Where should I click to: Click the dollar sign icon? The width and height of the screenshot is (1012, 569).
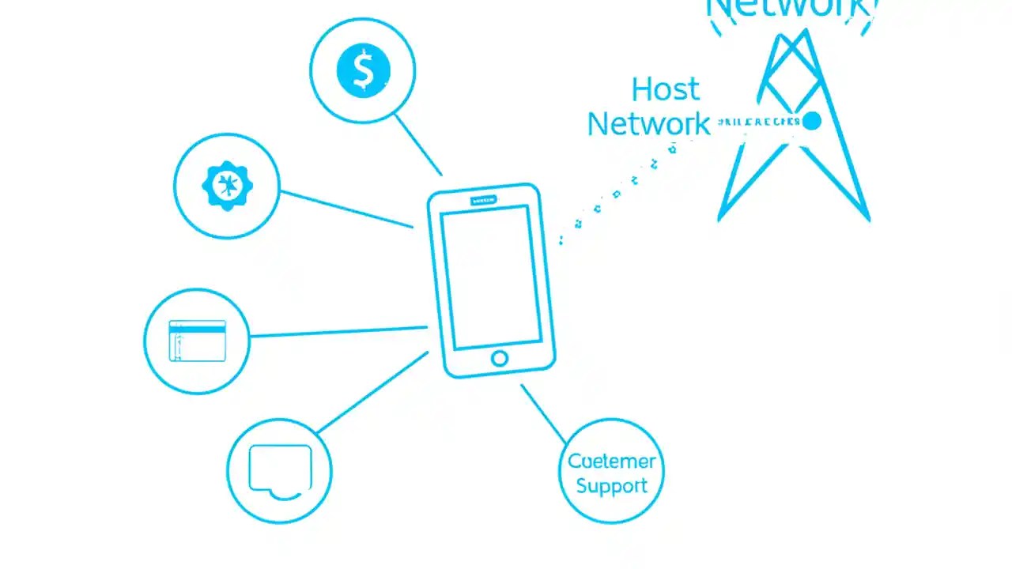pyautogui.click(x=363, y=70)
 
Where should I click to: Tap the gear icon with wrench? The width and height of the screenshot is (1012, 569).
pyautogui.click(x=228, y=186)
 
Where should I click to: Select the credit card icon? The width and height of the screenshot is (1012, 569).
pyautogui.click(x=198, y=341)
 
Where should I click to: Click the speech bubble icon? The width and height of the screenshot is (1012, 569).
pyautogui.click(x=280, y=470)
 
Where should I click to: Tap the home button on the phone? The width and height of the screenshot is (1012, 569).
pyautogui.click(x=499, y=359)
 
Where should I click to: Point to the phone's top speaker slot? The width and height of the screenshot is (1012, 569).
pyautogui.click(x=483, y=201)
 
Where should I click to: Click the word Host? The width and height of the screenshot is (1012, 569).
pyautogui.click(x=666, y=90)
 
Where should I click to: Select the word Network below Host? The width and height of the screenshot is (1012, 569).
pyautogui.click(x=648, y=124)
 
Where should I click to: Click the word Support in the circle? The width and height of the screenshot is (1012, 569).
pyautogui.click(x=612, y=485)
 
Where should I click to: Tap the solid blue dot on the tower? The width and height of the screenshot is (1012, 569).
pyautogui.click(x=811, y=121)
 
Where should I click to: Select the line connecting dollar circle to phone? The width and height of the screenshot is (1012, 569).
pyautogui.click(x=417, y=144)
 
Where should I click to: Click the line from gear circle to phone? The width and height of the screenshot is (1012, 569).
pyautogui.click(x=346, y=209)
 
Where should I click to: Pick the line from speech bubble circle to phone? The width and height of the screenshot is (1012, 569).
pyautogui.click(x=372, y=393)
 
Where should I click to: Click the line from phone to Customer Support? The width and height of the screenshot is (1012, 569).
pyautogui.click(x=543, y=414)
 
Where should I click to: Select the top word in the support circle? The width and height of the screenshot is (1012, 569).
pyautogui.click(x=612, y=462)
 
